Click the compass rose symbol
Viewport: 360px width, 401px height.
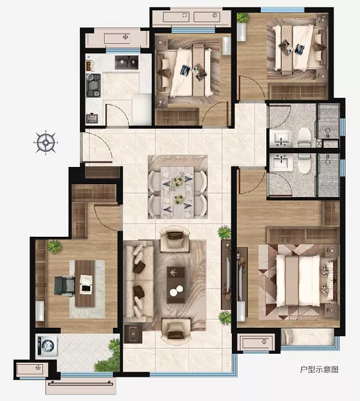tap(46, 142)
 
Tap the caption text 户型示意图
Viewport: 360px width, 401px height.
tap(319, 370)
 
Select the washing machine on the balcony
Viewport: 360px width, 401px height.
tap(47, 346)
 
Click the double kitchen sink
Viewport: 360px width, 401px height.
tap(127, 62)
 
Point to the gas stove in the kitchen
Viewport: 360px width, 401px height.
tap(93, 86)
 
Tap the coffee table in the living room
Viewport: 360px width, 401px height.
tap(176, 285)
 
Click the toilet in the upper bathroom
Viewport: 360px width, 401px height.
tap(305, 138)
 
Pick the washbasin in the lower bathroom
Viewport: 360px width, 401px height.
tap(281, 162)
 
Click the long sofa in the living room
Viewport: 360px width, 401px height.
tap(138, 281)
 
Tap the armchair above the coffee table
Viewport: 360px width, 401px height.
tap(175, 238)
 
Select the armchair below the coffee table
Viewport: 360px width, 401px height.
tap(177, 331)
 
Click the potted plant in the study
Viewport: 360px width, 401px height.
tap(55, 246)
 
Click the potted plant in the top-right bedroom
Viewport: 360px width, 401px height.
tap(242, 18)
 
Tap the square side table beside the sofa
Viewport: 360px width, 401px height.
tap(133, 334)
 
